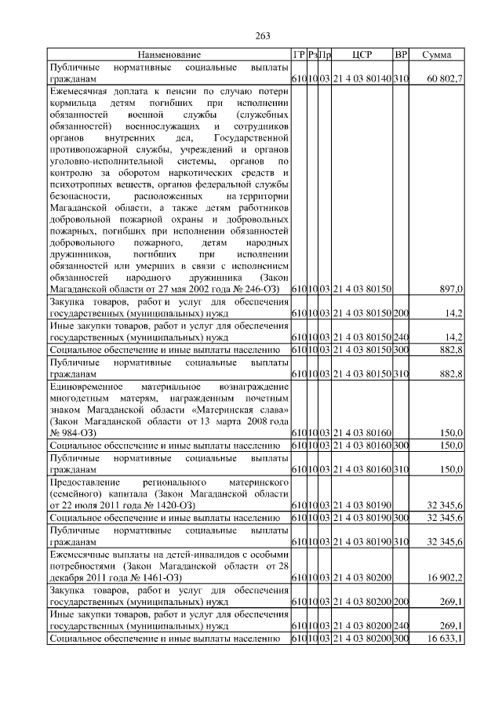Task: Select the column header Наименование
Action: coord(169,55)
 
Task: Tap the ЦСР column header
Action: coord(362,55)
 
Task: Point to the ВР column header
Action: coord(401,55)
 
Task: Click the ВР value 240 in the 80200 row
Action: coord(401,626)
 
